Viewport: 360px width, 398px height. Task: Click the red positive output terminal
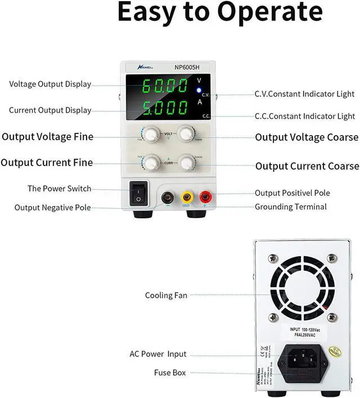tap(205, 198)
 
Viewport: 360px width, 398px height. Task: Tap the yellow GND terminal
tap(186, 198)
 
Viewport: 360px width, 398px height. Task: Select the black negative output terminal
tap(167, 198)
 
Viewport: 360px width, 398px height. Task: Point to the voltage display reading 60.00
tap(165, 86)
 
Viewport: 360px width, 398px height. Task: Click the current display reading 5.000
tap(165, 108)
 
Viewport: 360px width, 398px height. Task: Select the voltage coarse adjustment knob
tap(186, 134)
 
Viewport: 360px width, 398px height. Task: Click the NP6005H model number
tap(187, 67)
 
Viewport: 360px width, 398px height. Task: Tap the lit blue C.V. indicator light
tap(199, 90)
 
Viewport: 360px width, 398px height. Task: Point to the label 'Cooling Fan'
tap(166, 296)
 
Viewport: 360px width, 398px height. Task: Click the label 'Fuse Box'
tap(170, 373)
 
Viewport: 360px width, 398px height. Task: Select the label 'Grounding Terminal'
tap(290, 207)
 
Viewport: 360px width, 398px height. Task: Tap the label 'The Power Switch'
tap(59, 189)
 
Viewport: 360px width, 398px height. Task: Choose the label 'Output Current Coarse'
tap(307, 166)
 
